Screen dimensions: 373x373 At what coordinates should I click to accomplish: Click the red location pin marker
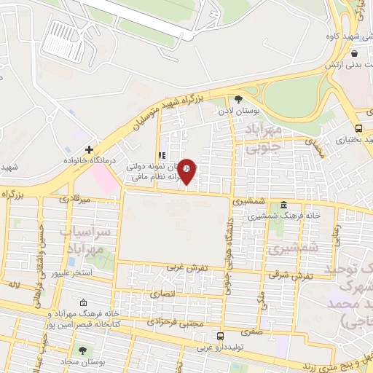point(187,172)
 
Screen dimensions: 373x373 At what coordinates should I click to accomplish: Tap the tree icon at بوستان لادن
point(239,99)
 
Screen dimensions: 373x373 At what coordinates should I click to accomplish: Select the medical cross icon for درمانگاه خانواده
point(89,149)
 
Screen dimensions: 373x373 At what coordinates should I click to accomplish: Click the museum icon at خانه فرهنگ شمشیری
point(283,205)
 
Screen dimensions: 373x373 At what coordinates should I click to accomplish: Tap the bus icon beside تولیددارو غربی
point(220,336)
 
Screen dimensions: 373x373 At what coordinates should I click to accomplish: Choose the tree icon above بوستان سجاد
point(82,350)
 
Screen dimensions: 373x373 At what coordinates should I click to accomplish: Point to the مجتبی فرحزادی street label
point(173,321)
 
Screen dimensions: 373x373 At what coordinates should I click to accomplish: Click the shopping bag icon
point(353,54)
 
